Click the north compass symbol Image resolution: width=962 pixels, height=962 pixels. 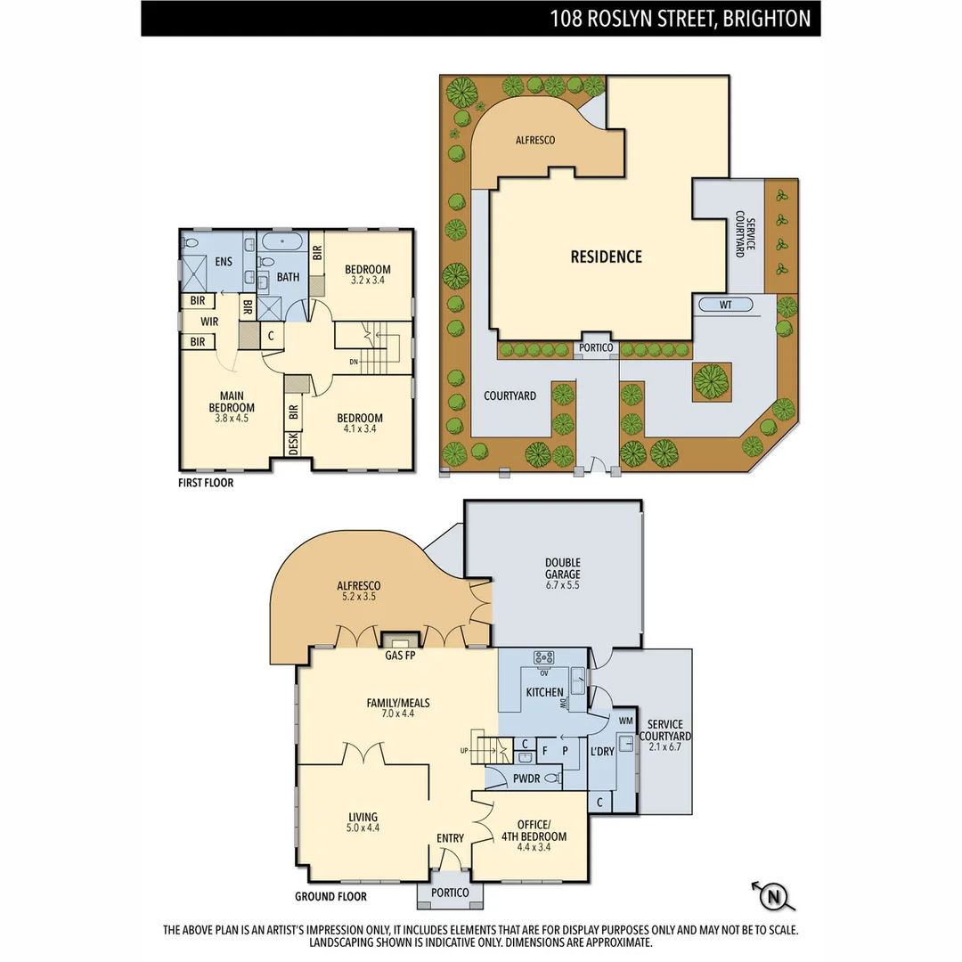coord(774,895)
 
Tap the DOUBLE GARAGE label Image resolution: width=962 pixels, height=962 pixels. coord(563,574)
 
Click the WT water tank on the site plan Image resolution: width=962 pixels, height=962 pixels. coord(727,306)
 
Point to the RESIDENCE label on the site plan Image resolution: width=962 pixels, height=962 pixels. coord(606,257)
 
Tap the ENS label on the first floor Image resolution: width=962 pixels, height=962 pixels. coord(224,262)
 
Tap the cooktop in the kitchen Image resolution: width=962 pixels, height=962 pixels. coord(543,657)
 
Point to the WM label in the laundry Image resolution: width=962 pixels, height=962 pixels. coord(625,720)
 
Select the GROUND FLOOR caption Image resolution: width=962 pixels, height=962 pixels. coord(330,897)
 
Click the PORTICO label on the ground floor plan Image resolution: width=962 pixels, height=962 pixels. coord(450,893)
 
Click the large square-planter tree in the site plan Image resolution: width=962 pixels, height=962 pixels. coord(711,381)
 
